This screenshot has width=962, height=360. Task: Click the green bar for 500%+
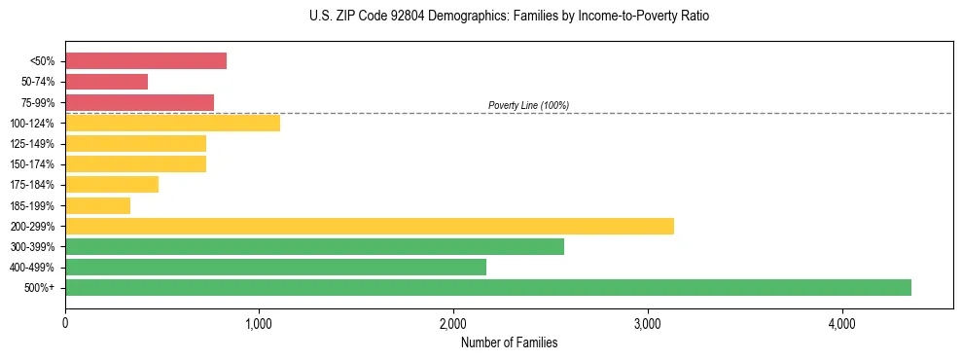point(487,287)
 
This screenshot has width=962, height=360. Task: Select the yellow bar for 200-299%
point(370,226)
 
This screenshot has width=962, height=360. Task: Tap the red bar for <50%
point(146,60)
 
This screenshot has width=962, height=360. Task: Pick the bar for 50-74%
point(106,82)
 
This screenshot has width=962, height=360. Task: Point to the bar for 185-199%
point(97,205)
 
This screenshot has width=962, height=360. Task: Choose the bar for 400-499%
point(275,267)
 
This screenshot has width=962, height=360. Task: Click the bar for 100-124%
point(172,123)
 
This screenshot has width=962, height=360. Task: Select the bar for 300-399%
point(314,246)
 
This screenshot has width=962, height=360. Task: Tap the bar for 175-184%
point(112,184)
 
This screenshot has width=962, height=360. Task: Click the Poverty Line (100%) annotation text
point(528,105)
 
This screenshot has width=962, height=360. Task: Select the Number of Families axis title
point(509,342)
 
